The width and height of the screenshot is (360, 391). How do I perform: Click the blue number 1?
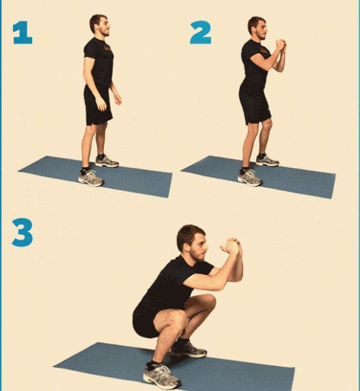point(23,33)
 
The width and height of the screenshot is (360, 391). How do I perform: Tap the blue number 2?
point(201,33)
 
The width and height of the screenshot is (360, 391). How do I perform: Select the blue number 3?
point(22,232)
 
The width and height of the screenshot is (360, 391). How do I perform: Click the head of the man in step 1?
point(100,25)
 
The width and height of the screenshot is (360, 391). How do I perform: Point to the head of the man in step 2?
point(257,28)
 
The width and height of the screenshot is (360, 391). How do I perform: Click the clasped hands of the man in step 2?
point(281,45)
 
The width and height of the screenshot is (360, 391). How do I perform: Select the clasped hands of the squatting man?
point(232,246)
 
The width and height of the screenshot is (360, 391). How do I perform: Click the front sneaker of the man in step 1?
point(91,178)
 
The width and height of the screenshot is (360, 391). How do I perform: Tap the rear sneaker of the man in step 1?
point(107,161)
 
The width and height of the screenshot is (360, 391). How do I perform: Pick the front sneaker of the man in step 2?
point(250,178)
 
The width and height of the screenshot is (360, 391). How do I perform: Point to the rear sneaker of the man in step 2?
point(267,160)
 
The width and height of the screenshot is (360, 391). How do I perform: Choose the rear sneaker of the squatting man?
point(189,349)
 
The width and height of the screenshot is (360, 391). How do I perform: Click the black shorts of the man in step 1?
point(98,105)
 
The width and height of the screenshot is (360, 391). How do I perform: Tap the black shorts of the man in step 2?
point(255,105)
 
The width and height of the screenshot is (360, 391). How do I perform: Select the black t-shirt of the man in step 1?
point(98,62)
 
